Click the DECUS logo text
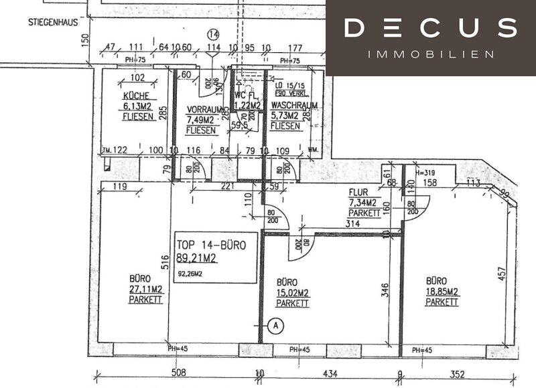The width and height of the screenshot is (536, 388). coord(430,28)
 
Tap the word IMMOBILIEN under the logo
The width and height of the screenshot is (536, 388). coord(431,54)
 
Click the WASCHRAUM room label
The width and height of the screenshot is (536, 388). coord(294,106)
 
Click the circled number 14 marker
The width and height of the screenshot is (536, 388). coord(214,34)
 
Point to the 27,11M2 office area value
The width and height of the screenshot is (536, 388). coord(146,290)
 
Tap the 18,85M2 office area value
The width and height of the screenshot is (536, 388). coord(442,292)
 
